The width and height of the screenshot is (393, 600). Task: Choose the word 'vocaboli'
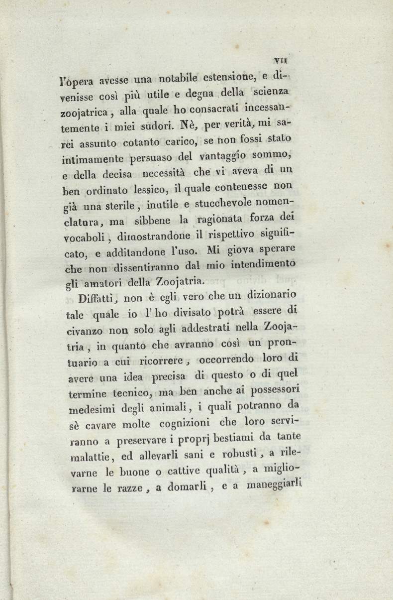pyautogui.click(x=83, y=236)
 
